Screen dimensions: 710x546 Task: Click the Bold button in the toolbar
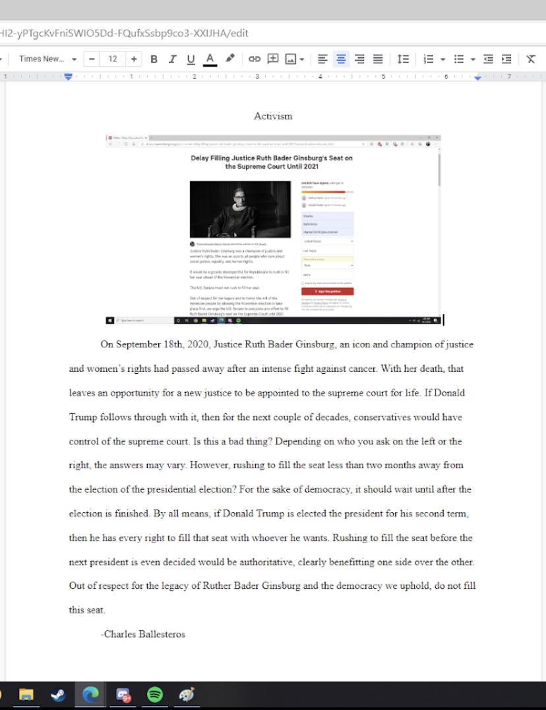tap(154, 59)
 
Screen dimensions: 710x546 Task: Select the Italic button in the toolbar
tap(172, 59)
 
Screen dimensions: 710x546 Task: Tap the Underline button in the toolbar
tap(191, 59)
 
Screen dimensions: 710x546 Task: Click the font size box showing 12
tap(113, 59)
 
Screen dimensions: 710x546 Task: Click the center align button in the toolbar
tap(341, 59)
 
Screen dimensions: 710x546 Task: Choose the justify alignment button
tap(378, 59)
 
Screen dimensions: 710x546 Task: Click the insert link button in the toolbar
tap(254, 59)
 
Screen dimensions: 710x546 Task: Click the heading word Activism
tap(273, 116)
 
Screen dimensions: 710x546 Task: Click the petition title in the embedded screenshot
tap(272, 162)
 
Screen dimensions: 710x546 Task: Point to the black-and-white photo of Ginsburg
tap(240, 210)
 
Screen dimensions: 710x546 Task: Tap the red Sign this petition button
tap(327, 291)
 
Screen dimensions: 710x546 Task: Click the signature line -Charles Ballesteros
tap(143, 634)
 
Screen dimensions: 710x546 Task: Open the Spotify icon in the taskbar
tap(154, 695)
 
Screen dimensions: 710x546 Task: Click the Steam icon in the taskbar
tap(58, 695)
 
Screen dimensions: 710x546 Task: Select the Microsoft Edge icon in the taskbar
tap(90, 695)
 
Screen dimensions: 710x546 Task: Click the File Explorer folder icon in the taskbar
tap(26, 695)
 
